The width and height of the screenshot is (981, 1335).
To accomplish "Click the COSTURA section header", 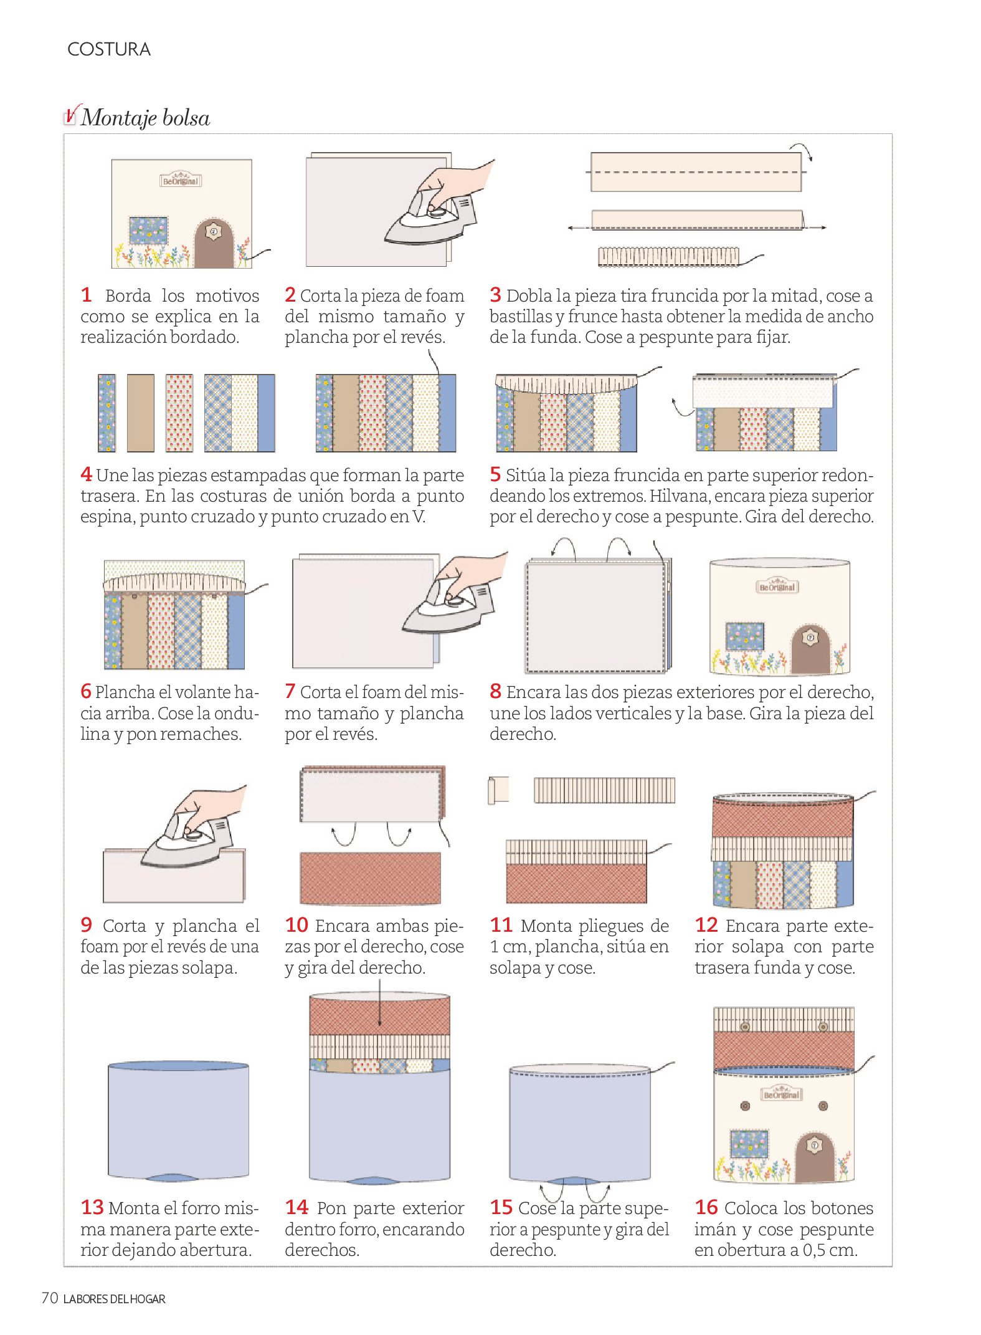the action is coord(109,49).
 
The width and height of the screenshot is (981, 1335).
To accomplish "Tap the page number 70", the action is coord(50,1298).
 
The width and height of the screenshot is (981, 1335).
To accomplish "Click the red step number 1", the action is coord(87,295).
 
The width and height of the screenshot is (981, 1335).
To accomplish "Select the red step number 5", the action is coord(495,474).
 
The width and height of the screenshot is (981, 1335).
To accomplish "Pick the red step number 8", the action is coord(495,691).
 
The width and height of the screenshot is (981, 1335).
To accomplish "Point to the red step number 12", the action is coord(706,925).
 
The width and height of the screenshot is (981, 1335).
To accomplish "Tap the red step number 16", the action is coord(706,1207).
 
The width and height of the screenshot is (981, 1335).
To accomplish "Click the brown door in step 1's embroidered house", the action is coord(214,244).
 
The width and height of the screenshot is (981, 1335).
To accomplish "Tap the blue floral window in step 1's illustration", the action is coord(148,230).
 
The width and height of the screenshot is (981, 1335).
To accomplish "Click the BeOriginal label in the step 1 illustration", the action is coord(181,180).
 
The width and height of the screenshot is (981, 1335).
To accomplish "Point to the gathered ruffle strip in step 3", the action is coord(668,257).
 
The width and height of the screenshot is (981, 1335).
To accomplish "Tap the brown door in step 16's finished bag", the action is coord(815,1157).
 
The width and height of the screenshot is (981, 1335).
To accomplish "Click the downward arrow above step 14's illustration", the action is coord(379,1003).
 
